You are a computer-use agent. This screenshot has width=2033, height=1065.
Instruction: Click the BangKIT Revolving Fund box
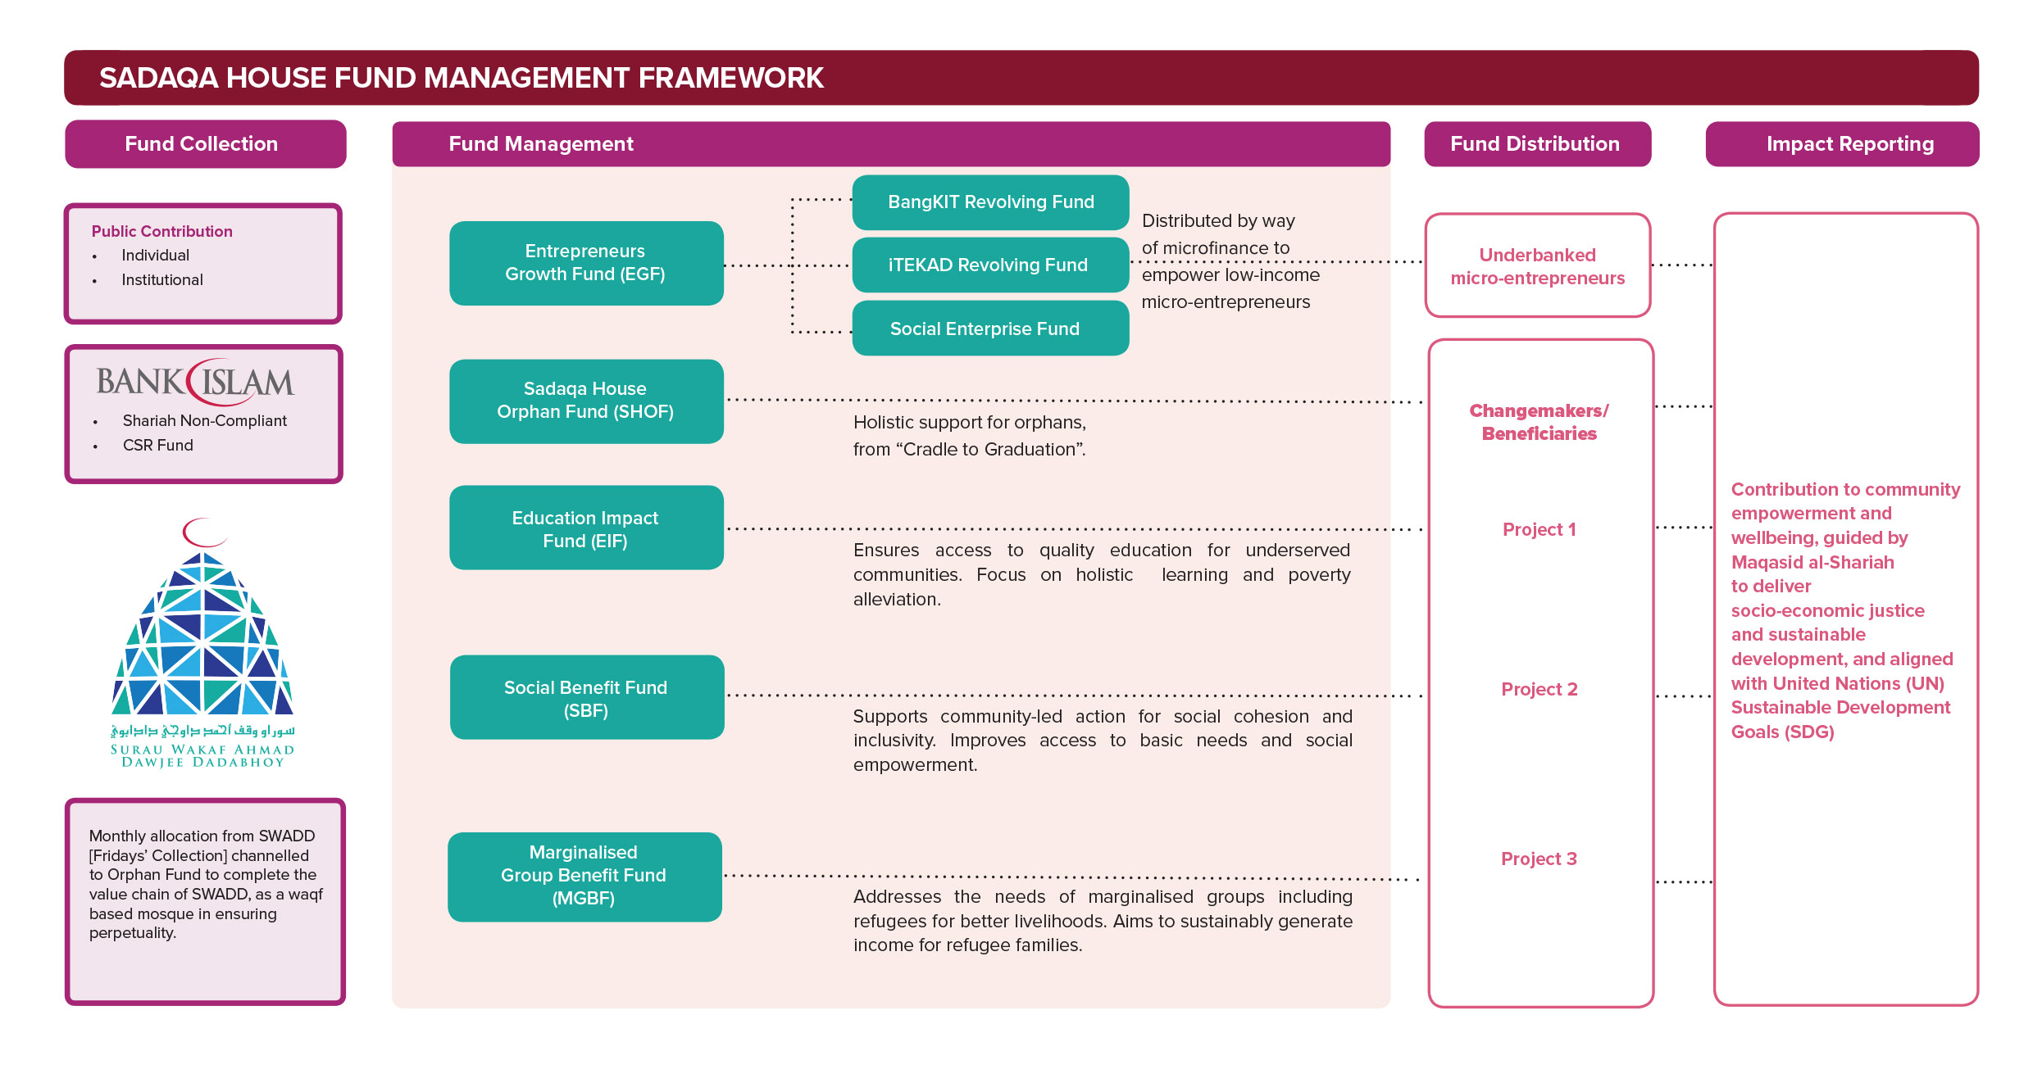(990, 202)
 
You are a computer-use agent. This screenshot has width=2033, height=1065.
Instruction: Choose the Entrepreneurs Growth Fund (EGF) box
(586, 263)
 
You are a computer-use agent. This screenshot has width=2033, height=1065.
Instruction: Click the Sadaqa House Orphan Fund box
(586, 401)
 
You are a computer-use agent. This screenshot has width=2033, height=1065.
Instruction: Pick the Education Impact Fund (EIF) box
(586, 528)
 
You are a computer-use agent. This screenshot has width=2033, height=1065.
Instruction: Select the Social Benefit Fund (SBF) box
(586, 698)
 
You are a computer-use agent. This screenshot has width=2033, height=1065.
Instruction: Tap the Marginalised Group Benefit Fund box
(584, 876)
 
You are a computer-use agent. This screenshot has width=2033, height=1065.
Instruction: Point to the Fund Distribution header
(1536, 144)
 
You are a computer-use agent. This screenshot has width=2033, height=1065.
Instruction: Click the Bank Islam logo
(196, 382)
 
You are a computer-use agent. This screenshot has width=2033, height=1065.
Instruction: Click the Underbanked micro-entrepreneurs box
(1537, 266)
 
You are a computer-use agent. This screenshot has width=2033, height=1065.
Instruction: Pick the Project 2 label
(1539, 690)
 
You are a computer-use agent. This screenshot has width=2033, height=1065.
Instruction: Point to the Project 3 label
(1539, 859)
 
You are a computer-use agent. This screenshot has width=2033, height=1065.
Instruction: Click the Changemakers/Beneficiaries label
(1539, 423)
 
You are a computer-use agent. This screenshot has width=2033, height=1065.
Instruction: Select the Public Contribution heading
(161, 232)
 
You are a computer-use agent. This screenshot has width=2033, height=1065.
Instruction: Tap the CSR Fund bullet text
(158, 446)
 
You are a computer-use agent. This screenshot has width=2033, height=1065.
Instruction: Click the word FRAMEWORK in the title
(730, 79)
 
